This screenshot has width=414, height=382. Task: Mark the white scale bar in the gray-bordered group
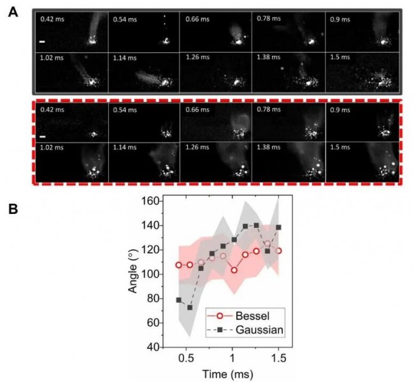[43, 42]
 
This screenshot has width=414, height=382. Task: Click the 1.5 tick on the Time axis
[278, 358]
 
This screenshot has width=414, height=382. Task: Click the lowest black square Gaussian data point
[190, 308]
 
